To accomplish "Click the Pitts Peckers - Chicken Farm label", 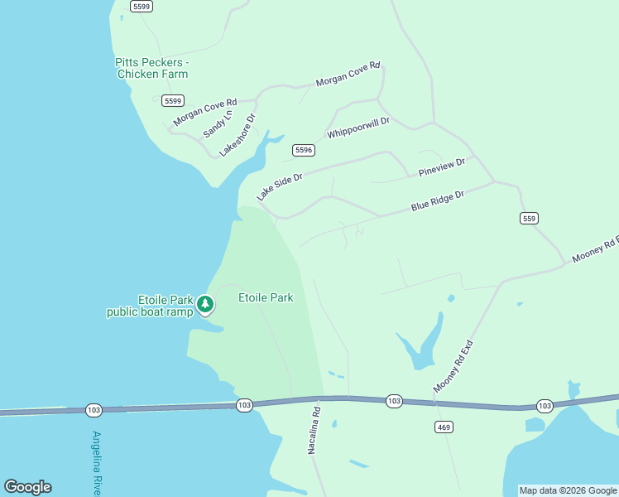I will pos(152,68).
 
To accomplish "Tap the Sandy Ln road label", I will pos(214,124).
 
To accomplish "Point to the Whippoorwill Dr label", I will pos(357,128).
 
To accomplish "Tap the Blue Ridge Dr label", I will pos(438,200).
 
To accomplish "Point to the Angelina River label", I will pos(97,463).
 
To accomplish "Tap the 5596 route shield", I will pos(304,150).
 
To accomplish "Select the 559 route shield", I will pos(530,218).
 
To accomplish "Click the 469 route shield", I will pos(443,427).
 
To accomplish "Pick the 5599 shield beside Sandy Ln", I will pos(173,101).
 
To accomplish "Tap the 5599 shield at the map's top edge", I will pos(142,6).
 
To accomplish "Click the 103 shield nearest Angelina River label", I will pos(94,410).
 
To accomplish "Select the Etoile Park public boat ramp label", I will pos(150,306).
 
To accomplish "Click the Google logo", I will pos(27,487).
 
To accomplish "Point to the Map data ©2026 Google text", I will pos(569,490).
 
